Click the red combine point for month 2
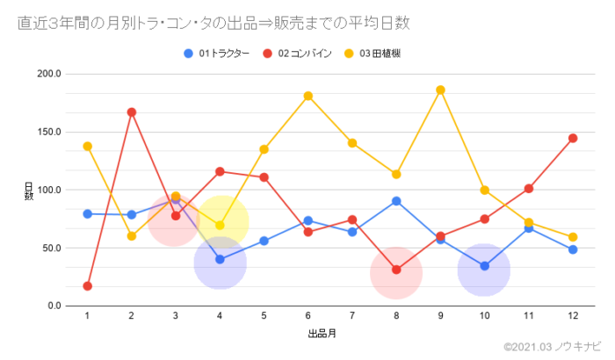[131, 112]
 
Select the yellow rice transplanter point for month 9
[440, 90]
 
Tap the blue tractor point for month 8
[396, 201]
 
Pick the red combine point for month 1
[87, 286]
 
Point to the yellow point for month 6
[307, 96]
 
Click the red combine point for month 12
[573, 138]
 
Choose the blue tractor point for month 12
[573, 249]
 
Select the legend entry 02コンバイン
[304, 54]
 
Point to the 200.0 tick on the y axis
[49, 74]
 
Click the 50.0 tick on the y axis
[52, 248]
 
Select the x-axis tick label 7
[351, 316]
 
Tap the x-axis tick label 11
[528, 316]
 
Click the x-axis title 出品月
[321, 335]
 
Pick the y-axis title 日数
[28, 190]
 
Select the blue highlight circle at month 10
[484, 270]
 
